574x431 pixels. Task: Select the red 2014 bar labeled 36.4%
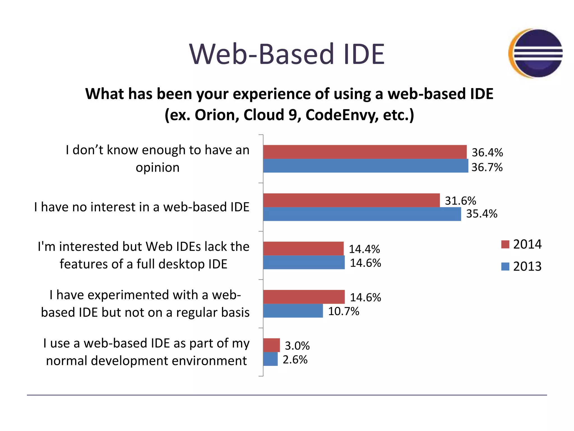coord(365,152)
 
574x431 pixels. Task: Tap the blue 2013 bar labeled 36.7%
coord(365,166)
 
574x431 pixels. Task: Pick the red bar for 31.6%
coord(351,200)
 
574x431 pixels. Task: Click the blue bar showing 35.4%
coord(362,214)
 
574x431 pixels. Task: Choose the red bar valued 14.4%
coord(303,249)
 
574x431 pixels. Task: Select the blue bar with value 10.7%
coord(293,311)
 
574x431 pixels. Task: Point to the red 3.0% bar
coord(271,345)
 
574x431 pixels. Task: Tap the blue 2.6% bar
coord(270,359)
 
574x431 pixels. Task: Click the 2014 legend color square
coord(505,244)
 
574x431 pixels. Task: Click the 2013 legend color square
coord(505,266)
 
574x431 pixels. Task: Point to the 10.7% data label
coord(344,311)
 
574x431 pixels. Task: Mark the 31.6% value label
coord(460,201)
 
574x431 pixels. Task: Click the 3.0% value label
coord(297,346)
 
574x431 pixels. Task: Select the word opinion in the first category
coord(158,168)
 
